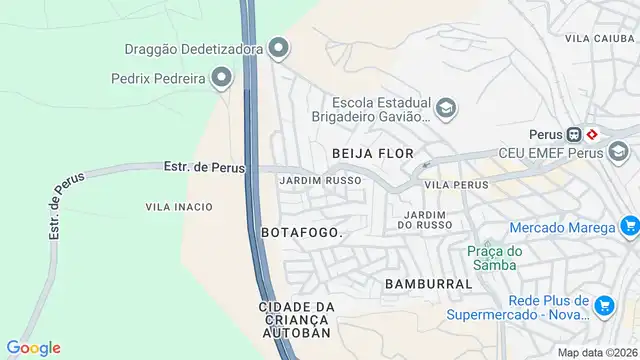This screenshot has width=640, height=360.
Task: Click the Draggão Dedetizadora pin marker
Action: [280, 47]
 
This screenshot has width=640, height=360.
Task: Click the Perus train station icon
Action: [574, 133]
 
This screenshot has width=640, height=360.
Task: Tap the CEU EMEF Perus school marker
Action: [618, 152]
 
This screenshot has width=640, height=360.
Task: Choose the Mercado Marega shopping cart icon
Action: [628, 227]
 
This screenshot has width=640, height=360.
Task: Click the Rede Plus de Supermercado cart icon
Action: [604, 305]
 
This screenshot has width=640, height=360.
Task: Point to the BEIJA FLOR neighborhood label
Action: [366, 153]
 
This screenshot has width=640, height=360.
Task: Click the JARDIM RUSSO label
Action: [320, 181]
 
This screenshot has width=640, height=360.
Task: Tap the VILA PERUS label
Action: [456, 185]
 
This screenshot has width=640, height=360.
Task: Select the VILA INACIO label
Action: [179, 207]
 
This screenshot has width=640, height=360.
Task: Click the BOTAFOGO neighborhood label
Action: [302, 232]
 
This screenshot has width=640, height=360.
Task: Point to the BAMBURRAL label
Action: [428, 284]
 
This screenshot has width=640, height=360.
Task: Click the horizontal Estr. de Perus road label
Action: [204, 167]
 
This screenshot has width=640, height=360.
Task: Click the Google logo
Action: [33, 348]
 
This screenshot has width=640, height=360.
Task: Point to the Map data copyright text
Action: [596, 352]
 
